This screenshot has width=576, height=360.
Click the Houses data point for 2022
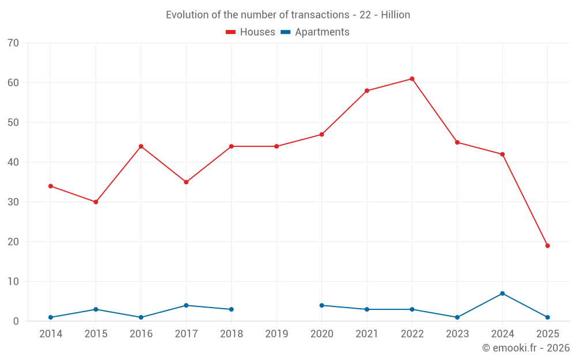click(x=412, y=79)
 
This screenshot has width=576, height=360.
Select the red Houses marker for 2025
click(x=548, y=246)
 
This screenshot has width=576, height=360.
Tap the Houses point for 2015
click(x=96, y=202)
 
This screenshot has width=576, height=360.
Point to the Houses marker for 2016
click(x=141, y=146)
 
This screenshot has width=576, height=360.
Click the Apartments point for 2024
click(x=502, y=294)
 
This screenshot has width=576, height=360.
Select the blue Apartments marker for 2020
click(x=321, y=305)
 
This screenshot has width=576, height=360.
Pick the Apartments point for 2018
click(x=232, y=309)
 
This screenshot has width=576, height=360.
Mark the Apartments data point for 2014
click(x=51, y=317)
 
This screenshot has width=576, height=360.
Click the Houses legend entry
click(x=251, y=32)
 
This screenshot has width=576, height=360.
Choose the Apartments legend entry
click(x=315, y=32)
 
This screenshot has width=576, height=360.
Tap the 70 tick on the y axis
click(x=13, y=43)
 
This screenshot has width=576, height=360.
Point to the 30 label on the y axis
click(x=13, y=202)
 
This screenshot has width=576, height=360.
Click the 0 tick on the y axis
click(x=16, y=321)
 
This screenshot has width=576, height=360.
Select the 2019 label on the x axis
click(x=276, y=334)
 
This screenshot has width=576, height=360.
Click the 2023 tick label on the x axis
click(x=457, y=334)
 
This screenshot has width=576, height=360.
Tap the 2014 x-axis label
click(x=51, y=334)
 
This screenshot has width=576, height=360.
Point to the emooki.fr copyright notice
click(x=526, y=348)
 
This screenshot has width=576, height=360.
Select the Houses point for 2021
click(x=367, y=91)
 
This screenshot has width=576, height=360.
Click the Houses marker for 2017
click(x=186, y=182)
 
